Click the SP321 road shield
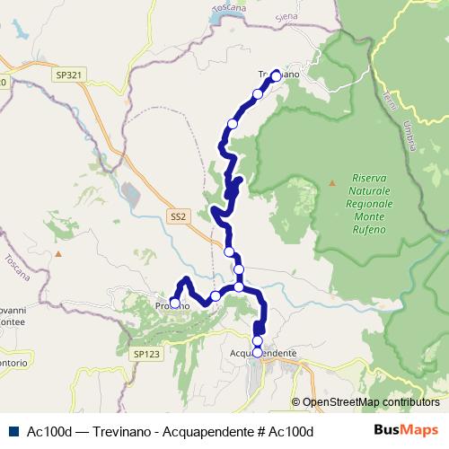[66, 75]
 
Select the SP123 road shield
[145, 356]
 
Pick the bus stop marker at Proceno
[175, 304]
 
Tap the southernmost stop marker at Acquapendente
[258, 353]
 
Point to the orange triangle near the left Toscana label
[58, 254]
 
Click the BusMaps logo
[405, 431]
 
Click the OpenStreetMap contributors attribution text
[370, 402]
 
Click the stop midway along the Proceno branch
[216, 295]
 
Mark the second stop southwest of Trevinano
[233, 123]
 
